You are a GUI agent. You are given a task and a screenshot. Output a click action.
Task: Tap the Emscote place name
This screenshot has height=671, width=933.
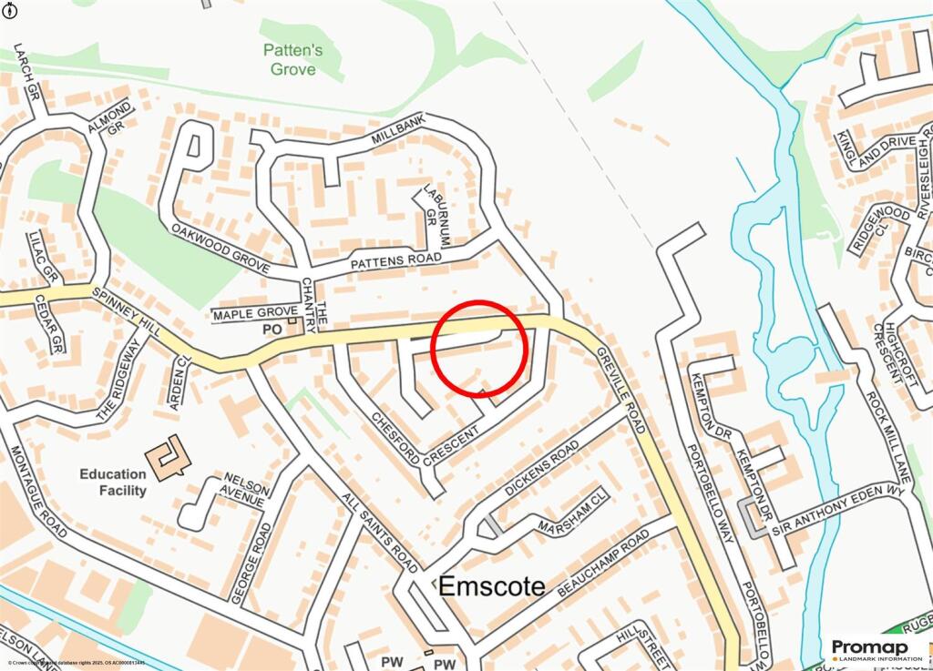coord(492,587)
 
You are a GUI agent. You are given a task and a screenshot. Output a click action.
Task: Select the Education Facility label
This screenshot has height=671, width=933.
coord(113,482)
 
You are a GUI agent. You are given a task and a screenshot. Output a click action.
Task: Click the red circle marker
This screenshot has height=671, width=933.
coord(479,349)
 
